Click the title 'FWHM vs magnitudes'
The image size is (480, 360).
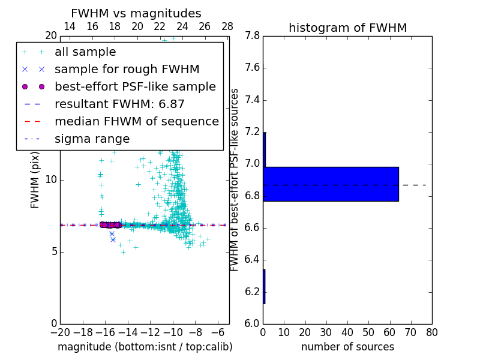pyautogui.click(x=136, y=13)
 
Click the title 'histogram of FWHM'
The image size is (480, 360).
pyautogui.click(x=347, y=28)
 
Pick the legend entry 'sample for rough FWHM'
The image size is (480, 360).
pyautogui.click(x=127, y=69)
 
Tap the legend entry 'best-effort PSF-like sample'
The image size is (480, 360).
pyautogui.click(x=135, y=86)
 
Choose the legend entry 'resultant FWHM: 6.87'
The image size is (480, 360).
pyautogui.click(x=119, y=104)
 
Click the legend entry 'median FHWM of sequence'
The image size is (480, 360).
pyautogui.click(x=136, y=121)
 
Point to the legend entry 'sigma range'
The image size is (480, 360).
pyautogui.click(x=92, y=139)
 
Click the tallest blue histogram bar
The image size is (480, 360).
pyautogui.click(x=331, y=184)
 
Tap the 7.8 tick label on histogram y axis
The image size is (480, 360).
pyautogui.click(x=251, y=36)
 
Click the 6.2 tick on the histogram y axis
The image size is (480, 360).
pyautogui.click(x=251, y=292)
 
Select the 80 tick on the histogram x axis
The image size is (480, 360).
pyautogui.click(x=431, y=332)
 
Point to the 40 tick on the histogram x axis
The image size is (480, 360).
pyautogui.click(x=347, y=332)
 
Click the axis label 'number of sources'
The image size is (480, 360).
pyautogui.click(x=347, y=347)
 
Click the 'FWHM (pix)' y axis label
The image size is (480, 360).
pyautogui.click(x=35, y=179)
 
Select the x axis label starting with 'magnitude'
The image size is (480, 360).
pyautogui.click(x=145, y=347)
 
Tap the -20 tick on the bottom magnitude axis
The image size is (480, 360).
pyautogui.click(x=60, y=332)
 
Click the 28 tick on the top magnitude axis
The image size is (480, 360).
pyautogui.click(x=227, y=26)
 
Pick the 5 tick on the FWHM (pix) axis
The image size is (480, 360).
pyautogui.click(x=53, y=251)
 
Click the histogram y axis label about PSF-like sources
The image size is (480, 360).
pyautogui.click(x=235, y=179)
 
